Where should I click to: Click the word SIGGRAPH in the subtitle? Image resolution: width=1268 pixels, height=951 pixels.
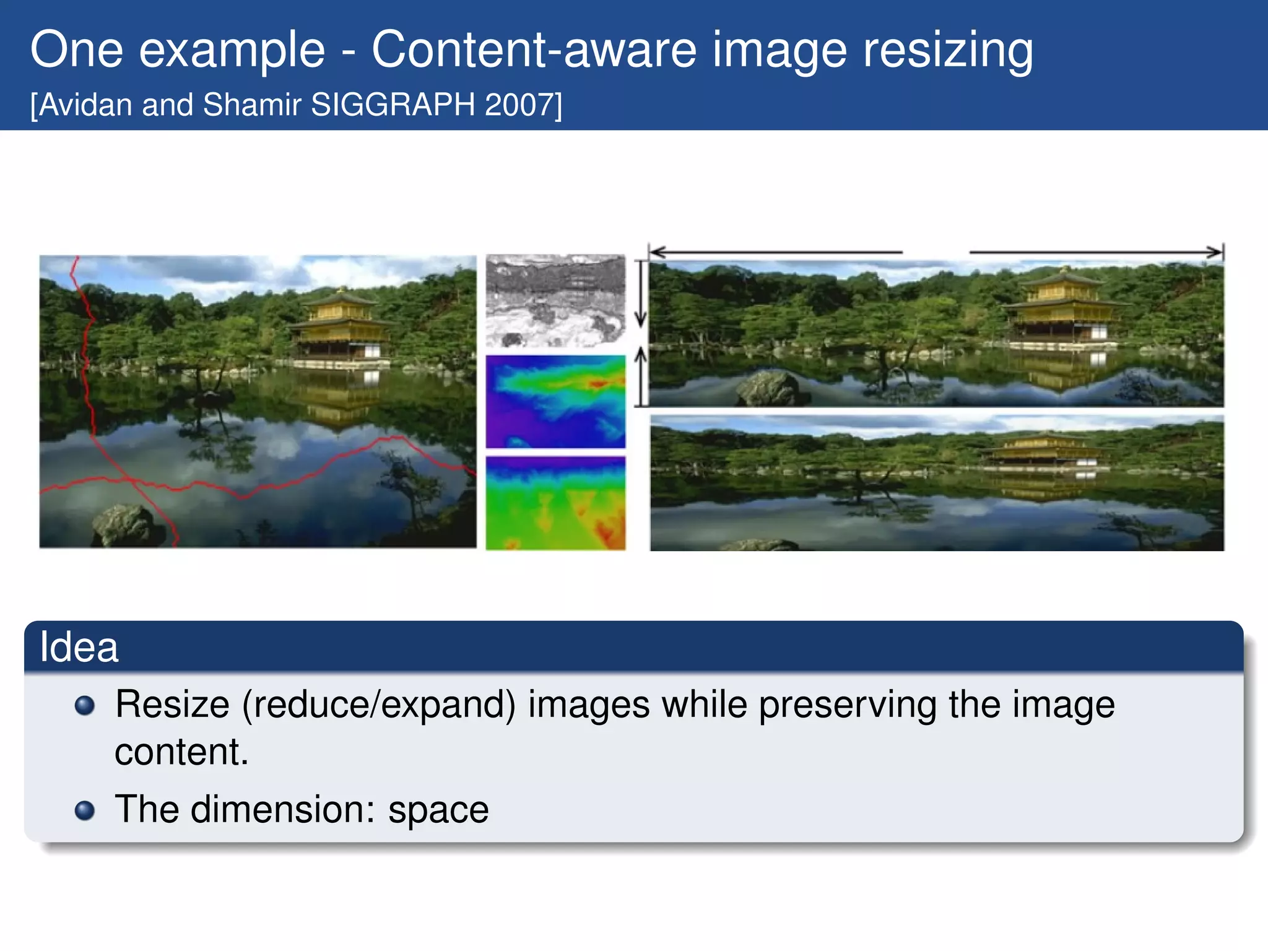point(393,105)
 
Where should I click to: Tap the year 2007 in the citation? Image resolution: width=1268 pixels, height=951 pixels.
point(520,105)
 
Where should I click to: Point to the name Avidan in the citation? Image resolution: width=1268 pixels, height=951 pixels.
point(87,105)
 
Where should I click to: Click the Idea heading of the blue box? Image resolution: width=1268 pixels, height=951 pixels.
point(79,648)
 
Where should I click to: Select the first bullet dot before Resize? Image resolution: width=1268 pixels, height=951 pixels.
point(84,706)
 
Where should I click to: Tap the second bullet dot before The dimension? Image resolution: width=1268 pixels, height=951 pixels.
point(84,810)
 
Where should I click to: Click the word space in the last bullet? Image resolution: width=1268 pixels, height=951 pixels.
point(438,810)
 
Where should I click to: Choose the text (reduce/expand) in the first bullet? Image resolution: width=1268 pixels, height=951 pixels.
point(378,705)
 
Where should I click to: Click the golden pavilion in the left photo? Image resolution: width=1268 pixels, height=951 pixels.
point(341,325)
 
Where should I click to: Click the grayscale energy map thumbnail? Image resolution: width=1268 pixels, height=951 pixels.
point(555,300)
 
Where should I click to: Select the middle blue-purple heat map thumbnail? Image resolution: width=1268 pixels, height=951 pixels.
point(555,401)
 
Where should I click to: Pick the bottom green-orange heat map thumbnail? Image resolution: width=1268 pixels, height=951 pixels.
point(555,503)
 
